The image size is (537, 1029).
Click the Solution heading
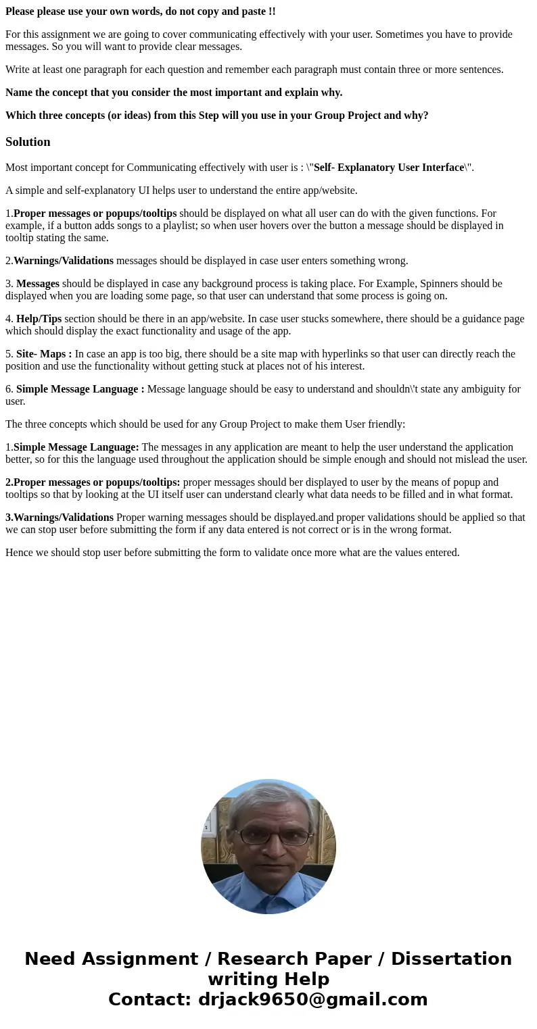pos(28,142)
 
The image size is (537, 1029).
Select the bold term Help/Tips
pos(39,319)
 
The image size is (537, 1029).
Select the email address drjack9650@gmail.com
pos(312,999)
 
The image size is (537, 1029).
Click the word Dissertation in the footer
pos(451,959)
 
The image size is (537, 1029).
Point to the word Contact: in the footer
pos(149,999)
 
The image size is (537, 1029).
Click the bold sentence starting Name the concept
pos(174,93)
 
